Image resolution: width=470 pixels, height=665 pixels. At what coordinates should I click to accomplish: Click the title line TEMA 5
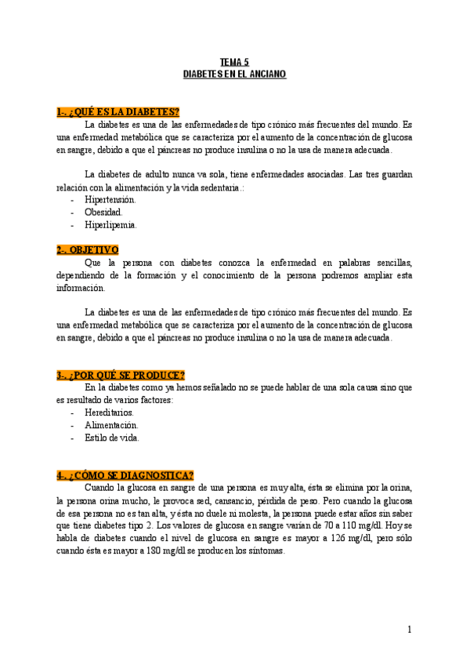(234, 62)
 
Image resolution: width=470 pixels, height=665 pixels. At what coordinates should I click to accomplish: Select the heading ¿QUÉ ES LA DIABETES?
(118, 113)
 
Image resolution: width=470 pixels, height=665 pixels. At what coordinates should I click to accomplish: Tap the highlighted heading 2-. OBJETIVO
(87, 249)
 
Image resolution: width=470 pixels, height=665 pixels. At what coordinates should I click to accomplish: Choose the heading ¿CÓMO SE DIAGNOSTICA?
(125, 474)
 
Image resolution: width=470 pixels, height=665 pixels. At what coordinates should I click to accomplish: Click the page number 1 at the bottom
(409, 630)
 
